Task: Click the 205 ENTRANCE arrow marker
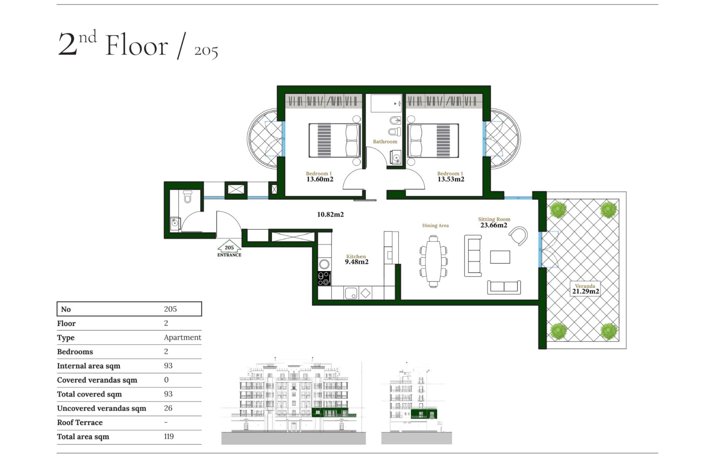tap(229, 248)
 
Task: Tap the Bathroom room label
tap(385, 142)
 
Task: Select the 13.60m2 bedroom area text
tap(320, 179)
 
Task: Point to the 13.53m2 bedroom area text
tap(451, 179)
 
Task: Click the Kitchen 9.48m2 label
tap(357, 259)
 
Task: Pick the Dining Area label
tap(435, 226)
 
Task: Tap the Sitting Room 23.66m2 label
tap(494, 222)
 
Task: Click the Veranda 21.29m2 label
tap(585, 289)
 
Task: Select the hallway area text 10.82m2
tap(330, 214)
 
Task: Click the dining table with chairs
tap(433, 261)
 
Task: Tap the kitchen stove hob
tap(324, 278)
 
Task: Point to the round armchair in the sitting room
tap(519, 236)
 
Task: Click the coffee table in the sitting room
tap(500, 257)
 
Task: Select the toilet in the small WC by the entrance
tap(188, 197)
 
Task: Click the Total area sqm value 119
tap(169, 437)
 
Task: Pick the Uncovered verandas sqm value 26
tap(168, 408)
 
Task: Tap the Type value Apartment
tap(182, 338)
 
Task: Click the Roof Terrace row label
tap(80, 422)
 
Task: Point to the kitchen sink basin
tap(351, 293)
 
